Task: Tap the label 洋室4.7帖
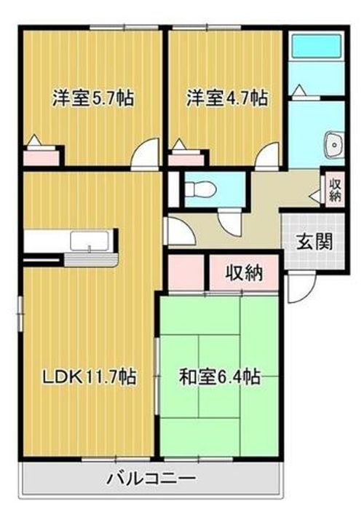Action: click(x=226, y=98)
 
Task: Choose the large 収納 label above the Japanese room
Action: click(x=242, y=274)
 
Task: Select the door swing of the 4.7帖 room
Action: click(x=267, y=154)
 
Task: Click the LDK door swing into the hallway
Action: click(x=177, y=232)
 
